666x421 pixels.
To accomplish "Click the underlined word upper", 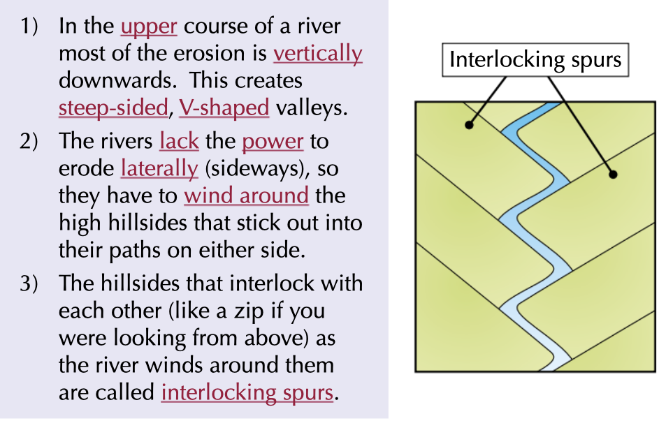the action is click(149, 27).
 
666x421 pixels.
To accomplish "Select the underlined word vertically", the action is click(317, 54).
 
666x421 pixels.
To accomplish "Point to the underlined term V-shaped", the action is click(224, 108).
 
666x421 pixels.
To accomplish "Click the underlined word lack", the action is click(179, 142).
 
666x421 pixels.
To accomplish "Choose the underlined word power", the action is click(273, 142).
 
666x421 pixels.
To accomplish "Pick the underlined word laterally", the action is click(159, 168).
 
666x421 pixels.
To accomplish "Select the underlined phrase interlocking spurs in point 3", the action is click(247, 392).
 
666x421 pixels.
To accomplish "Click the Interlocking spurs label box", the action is click(535, 60).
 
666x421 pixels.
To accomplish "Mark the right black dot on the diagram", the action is click(613, 175).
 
